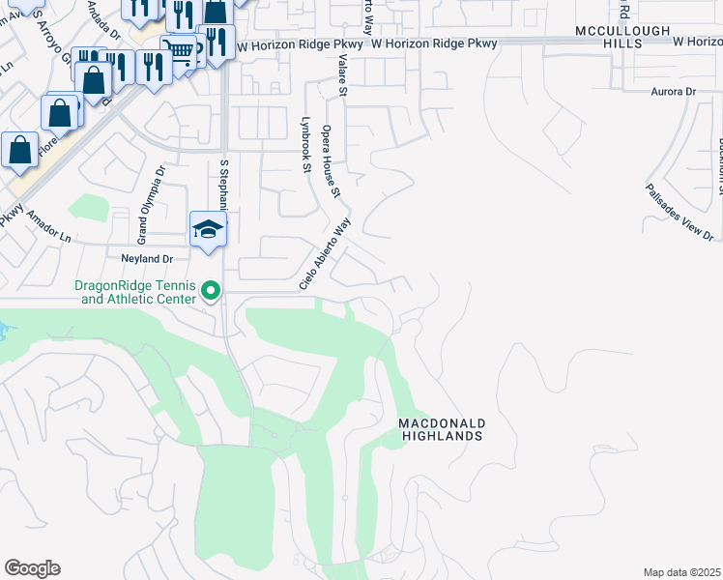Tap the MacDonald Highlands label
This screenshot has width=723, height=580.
click(441, 430)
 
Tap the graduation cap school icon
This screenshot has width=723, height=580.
click(208, 229)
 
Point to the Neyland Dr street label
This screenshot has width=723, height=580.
click(146, 259)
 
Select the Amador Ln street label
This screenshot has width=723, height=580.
click(49, 227)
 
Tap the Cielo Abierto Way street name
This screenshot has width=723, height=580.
click(324, 253)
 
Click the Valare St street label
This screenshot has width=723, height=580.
click(341, 74)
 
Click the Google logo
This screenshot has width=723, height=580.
click(32, 568)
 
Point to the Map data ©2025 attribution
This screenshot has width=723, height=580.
click(680, 572)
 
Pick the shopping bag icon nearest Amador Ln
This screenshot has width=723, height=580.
click(19, 151)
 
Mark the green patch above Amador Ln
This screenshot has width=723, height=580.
click(89, 208)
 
